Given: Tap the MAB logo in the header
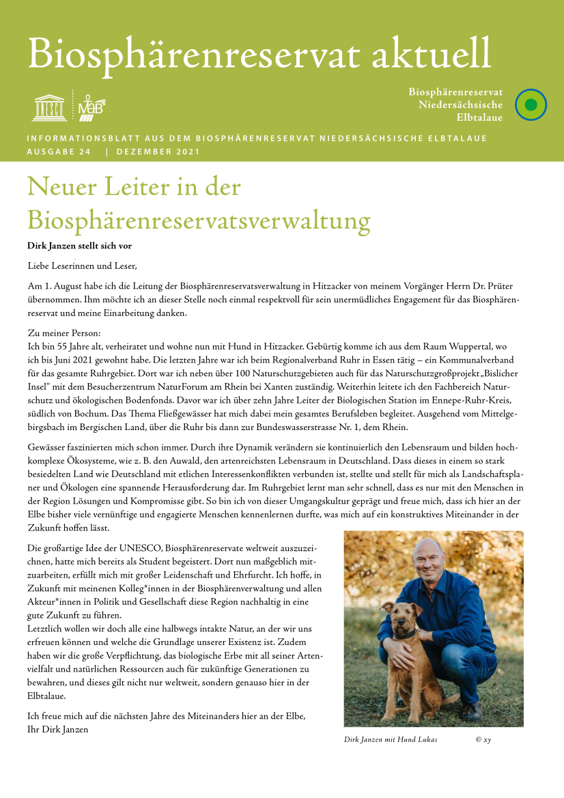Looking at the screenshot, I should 89,106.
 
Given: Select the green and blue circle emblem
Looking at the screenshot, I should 531,105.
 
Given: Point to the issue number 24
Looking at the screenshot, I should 84,152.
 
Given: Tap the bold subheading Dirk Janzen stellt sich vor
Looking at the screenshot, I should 79,245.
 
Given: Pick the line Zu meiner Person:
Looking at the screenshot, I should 64,332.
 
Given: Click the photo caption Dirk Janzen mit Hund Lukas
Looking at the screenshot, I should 391,739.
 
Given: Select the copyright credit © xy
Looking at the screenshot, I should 483,739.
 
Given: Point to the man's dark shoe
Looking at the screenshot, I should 470,713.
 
